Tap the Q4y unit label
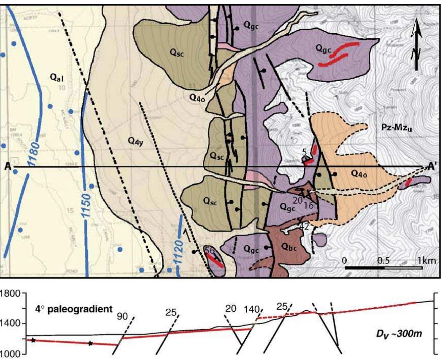point(136,142)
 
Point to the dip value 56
point(210,250)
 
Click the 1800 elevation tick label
point(10,293)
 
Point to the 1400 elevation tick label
point(10,323)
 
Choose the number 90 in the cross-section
point(122,316)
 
